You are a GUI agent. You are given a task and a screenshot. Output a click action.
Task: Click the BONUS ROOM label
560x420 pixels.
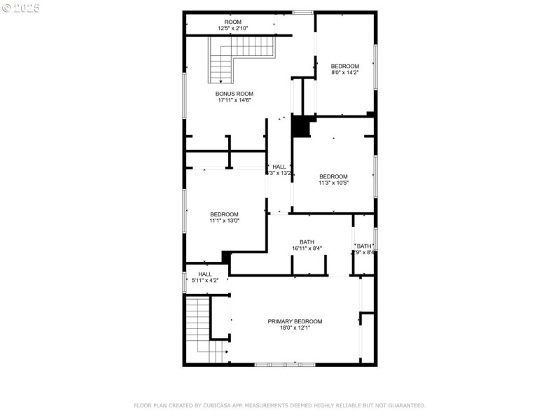234,94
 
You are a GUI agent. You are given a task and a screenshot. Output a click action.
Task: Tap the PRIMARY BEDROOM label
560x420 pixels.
295,321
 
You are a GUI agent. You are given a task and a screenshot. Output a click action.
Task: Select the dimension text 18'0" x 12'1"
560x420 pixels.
295,328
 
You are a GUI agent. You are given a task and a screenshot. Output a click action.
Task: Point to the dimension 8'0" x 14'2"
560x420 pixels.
345,72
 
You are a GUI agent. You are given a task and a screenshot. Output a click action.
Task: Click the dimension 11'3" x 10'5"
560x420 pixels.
333,183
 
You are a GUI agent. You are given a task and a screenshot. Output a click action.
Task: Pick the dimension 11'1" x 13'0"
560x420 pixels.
224,220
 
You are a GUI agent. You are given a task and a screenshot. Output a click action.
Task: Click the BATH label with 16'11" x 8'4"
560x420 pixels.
307,241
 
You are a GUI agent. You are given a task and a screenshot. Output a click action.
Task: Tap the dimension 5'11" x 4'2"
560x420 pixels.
205,281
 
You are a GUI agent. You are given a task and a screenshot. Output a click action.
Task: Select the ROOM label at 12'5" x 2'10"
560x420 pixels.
232,22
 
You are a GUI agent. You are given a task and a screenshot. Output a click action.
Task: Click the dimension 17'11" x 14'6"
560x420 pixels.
234,100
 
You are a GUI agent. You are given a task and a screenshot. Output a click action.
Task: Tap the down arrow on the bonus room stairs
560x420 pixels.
221,80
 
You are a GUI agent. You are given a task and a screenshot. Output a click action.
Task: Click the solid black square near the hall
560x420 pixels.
301,126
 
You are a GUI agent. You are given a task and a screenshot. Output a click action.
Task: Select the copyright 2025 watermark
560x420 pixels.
21,8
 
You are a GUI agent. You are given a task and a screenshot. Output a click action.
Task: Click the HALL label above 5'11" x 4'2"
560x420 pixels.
205,274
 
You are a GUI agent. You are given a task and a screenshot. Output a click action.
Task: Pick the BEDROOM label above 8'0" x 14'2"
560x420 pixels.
345,66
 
